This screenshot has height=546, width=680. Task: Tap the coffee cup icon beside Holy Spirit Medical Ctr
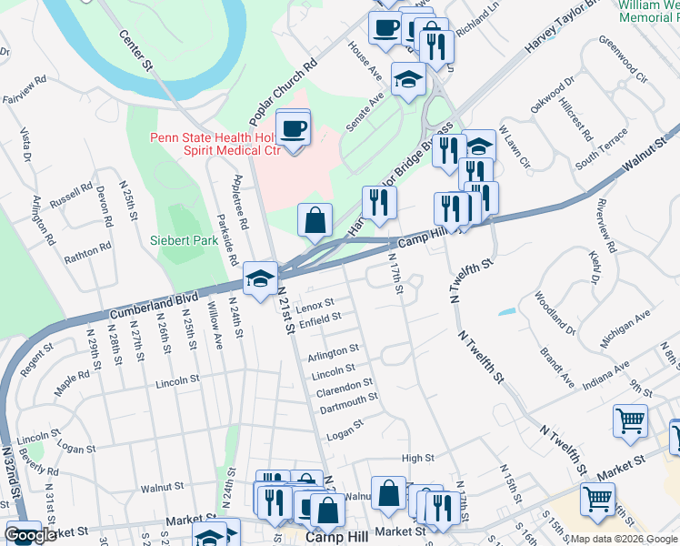293,128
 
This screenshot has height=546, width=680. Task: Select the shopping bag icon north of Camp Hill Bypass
315,220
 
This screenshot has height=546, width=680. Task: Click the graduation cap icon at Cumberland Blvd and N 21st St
260,279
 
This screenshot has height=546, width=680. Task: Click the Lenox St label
315,302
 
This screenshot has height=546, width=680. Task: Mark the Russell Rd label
72,197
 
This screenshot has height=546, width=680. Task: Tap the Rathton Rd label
87,252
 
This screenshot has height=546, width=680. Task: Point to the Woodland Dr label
555,312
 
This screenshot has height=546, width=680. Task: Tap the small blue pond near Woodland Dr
506,312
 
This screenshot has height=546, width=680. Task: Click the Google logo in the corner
29,535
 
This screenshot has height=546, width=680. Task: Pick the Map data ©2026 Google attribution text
623,539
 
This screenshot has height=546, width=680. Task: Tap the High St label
418,459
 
